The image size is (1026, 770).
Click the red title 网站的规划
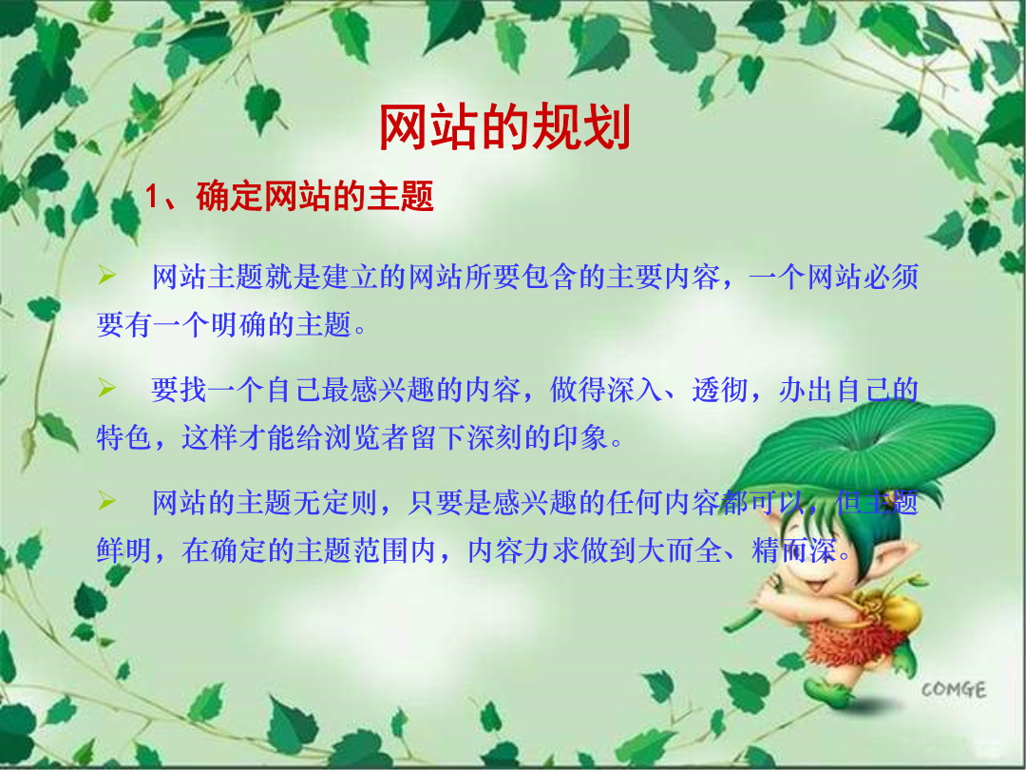(x=504, y=127)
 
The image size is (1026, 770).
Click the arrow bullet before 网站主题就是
(x=106, y=275)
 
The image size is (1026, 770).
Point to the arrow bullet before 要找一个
(x=106, y=388)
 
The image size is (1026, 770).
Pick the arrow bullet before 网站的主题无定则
(x=106, y=501)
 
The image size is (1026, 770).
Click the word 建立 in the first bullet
(x=350, y=277)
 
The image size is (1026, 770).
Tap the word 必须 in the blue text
(x=890, y=277)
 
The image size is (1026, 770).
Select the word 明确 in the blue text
(x=238, y=324)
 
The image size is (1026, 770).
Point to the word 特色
(x=124, y=437)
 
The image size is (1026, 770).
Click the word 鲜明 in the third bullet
(x=124, y=550)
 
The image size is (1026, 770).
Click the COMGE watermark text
(x=954, y=689)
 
